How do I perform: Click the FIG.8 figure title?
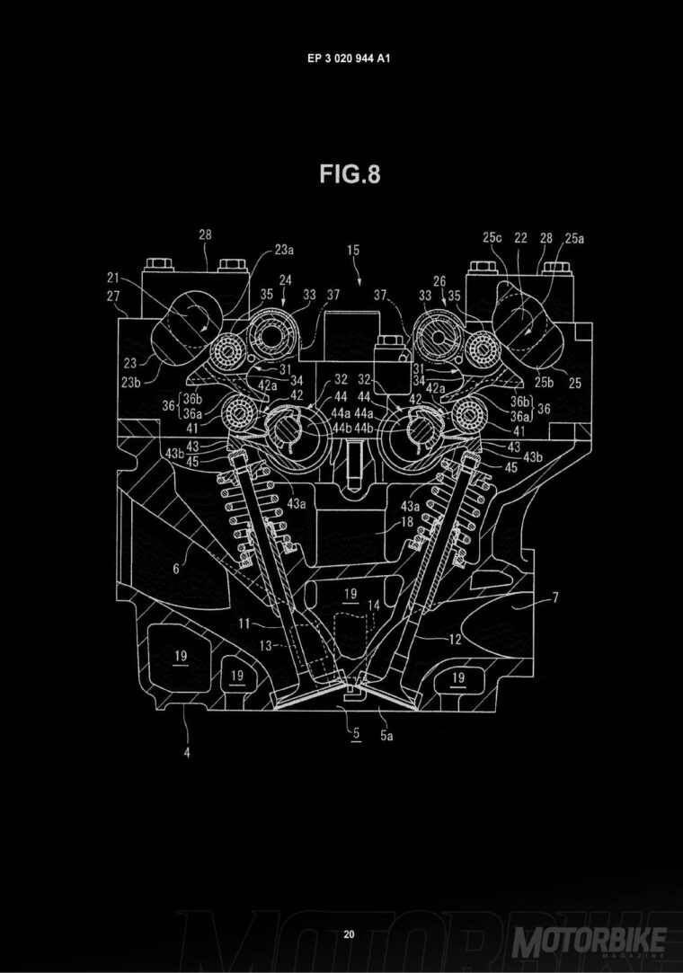(x=350, y=174)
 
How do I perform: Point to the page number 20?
(x=350, y=909)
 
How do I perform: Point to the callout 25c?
(x=491, y=238)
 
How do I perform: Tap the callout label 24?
(x=285, y=280)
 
